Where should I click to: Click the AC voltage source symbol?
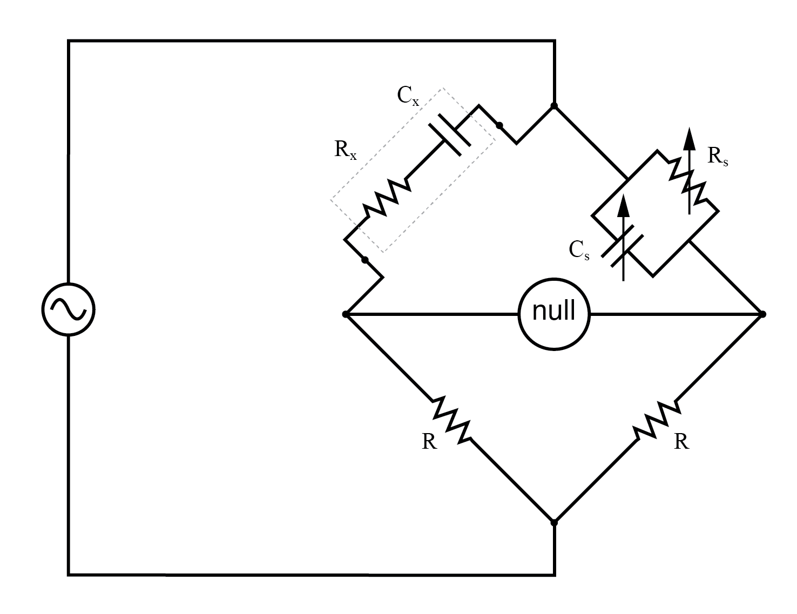[x=69, y=309]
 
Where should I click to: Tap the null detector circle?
[x=554, y=313]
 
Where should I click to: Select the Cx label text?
[x=407, y=96]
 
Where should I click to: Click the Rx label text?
[x=345, y=150]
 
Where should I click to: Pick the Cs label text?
[x=579, y=249]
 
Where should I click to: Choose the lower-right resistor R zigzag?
[x=657, y=420]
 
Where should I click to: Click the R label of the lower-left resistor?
[x=429, y=442]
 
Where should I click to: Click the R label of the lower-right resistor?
[x=681, y=442]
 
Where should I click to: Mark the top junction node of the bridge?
[x=554, y=106]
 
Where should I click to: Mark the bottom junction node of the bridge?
[x=554, y=522]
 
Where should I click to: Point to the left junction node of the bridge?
[x=346, y=314]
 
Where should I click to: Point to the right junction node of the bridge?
[x=762, y=314]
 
